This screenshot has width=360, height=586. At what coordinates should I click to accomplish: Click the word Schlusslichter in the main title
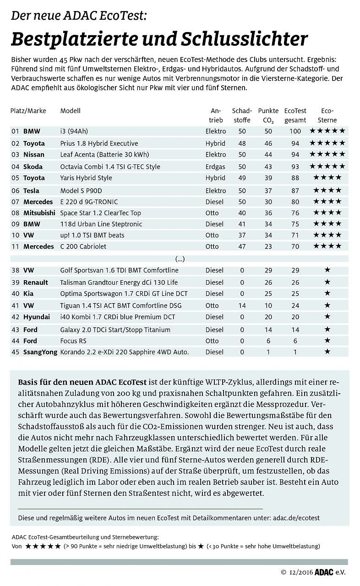point(244,39)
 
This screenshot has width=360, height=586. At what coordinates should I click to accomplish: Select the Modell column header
point(70,111)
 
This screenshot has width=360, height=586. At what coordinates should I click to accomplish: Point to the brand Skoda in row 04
point(33,167)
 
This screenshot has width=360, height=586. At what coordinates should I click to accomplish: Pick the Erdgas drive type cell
point(216,167)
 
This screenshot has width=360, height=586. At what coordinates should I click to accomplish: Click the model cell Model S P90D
point(82,190)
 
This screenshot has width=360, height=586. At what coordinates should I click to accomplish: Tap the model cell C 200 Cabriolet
point(83,246)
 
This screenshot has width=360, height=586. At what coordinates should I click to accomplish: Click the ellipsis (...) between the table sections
point(180,259)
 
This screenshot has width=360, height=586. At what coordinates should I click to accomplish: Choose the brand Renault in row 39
point(35,282)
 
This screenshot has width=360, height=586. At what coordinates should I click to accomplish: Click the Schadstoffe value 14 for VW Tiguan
point(242,305)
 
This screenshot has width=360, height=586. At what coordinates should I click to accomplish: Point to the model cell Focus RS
point(73,341)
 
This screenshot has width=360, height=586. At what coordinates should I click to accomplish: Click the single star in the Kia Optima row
point(327,293)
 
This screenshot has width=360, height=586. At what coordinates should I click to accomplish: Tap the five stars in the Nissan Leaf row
point(327,155)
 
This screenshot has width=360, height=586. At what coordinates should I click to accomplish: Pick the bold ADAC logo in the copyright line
point(324,572)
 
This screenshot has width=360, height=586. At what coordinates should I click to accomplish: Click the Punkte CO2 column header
point(268,115)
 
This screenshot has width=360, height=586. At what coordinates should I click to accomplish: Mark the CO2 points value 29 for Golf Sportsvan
point(268,270)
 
